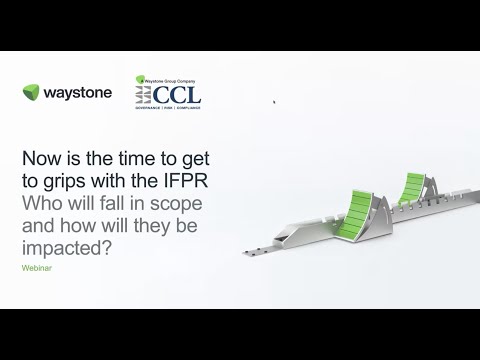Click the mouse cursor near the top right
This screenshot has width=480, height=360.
[x=275, y=101]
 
